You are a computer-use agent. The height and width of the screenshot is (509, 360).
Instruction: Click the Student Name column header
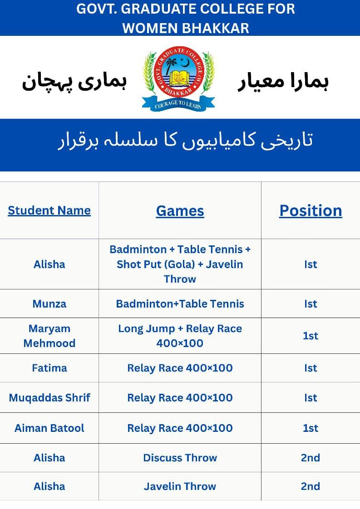pos(49,210)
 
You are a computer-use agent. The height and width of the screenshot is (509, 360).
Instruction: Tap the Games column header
pos(180,210)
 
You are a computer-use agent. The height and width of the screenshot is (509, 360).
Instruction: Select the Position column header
pos(311,210)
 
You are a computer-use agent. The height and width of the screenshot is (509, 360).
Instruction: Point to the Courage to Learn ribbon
pos(178,105)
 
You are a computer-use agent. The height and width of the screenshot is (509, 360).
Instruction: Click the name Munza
pos(49,304)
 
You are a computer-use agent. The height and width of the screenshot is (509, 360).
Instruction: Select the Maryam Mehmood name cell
pos(49,336)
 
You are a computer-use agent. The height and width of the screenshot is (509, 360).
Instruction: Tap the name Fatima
pos(49,368)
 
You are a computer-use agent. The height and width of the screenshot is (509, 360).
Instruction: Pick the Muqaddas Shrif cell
pos(49,398)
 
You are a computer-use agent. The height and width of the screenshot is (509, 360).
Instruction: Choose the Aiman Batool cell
pos(49,428)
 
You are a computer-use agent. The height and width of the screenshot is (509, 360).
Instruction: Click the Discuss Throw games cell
pos(180,458)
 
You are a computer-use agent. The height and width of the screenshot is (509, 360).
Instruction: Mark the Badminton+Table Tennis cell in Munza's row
pos(180,304)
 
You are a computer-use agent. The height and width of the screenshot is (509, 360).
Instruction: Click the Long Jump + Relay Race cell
pos(180,336)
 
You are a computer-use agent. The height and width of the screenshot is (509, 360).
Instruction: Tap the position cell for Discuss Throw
pos(311,458)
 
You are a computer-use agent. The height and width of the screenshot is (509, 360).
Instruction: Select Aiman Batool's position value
pos(311,428)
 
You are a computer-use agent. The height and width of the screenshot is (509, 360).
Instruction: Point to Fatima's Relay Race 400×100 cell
pos(180,368)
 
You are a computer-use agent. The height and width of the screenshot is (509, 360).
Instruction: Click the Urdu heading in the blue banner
pos(185,141)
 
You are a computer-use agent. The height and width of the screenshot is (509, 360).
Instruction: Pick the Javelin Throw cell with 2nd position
pos(180,486)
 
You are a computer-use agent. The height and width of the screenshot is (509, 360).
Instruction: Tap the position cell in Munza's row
pos(311,304)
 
